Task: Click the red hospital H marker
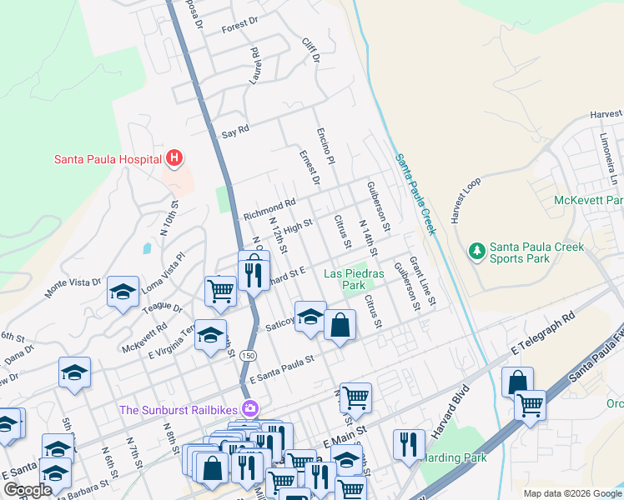174,157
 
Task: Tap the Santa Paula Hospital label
108,158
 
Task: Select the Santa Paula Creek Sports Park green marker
476,250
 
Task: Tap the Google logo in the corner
28,490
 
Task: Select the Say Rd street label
235,132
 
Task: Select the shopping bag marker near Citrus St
340,327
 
